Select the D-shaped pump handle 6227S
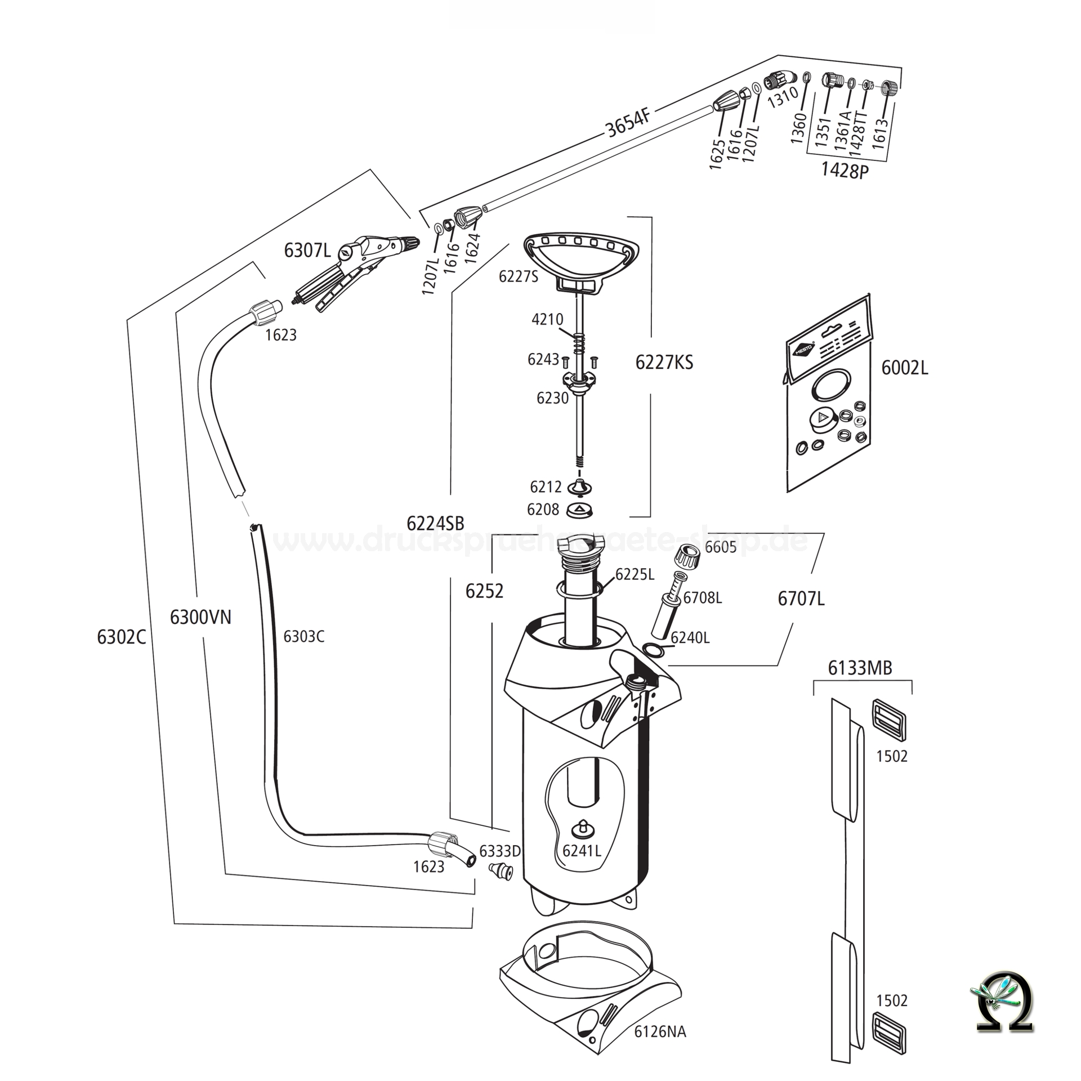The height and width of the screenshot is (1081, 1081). pos(581,256)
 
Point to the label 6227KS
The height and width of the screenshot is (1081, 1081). pos(664,363)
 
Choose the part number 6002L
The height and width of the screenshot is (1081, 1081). pos(904,368)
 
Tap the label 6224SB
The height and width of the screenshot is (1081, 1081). pos(435,524)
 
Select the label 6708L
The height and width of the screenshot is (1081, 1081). pos(703,598)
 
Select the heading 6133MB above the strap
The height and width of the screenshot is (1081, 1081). pos(860,668)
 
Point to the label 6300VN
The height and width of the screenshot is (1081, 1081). pos(200,618)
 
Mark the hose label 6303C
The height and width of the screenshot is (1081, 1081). pos(303,636)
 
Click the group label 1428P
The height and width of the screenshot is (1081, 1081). pos(845,170)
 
